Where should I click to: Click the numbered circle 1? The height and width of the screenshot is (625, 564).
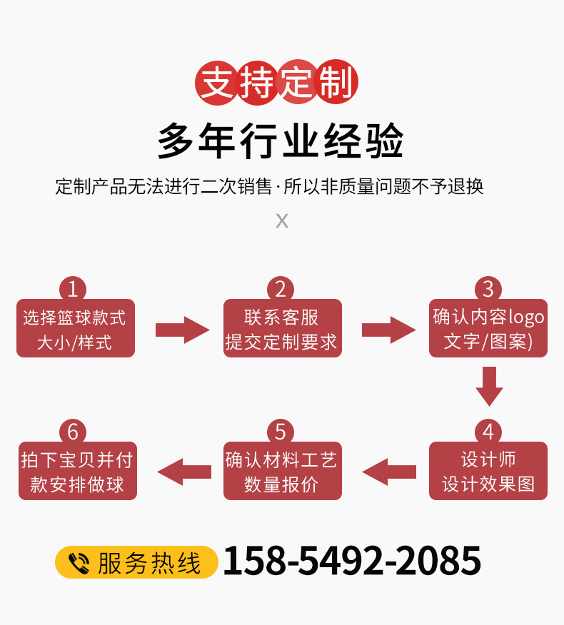coord(73,289)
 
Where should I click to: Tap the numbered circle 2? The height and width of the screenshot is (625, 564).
coord(281,289)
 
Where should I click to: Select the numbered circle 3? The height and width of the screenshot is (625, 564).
coord(488,289)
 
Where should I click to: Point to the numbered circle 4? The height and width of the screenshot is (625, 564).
coord(488,432)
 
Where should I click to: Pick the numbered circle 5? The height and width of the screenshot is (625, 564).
coord(281,432)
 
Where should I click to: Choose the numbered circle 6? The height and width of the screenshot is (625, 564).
coord(73,432)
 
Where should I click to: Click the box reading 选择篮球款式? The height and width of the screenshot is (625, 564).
coord(75,330)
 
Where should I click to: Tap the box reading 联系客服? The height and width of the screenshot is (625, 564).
coord(282,330)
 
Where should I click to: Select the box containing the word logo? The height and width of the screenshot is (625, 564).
coord(488,330)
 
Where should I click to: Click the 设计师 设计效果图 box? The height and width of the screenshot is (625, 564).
coord(488,472)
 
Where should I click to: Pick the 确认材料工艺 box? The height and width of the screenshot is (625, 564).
coord(282,472)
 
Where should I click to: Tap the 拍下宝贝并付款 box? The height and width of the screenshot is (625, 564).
coord(77,472)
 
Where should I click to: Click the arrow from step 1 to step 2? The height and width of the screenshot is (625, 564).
coord(183,330)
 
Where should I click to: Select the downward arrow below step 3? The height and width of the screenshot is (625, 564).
coord(489,386)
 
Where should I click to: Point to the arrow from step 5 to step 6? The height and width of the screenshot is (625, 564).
coord(184,472)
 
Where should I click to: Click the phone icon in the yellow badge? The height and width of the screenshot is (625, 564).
coord(78,563)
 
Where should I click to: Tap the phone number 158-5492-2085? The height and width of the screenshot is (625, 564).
coord(352,561)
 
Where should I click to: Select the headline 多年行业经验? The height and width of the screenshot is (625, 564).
coord(281,141)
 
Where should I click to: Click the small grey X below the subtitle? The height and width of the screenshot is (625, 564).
coord(282,220)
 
